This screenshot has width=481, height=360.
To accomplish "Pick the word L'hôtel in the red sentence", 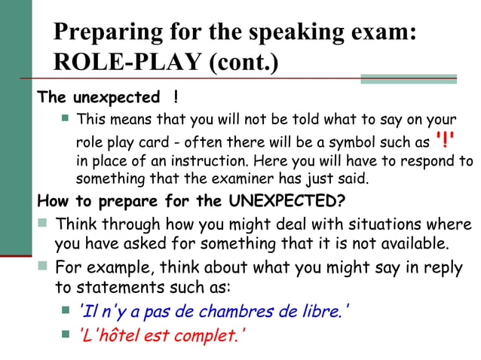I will [109, 335].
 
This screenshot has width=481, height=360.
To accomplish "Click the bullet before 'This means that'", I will [66, 118].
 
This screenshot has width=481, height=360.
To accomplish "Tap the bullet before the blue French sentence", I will [66, 310].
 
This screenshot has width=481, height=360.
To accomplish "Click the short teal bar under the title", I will [408, 78].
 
